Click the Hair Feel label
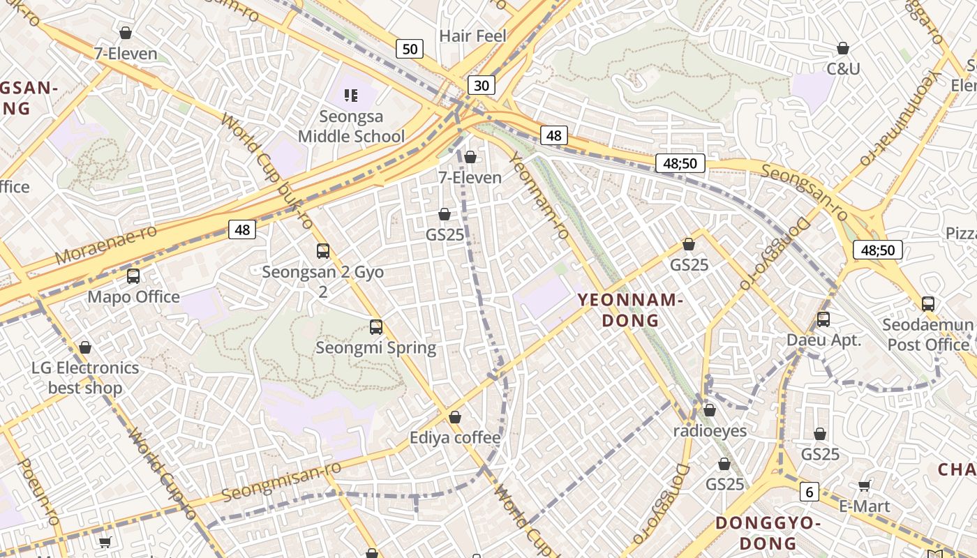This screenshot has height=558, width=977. click(472, 36)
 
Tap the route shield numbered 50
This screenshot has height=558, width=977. click(410, 49)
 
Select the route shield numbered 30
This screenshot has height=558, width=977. click(481, 85)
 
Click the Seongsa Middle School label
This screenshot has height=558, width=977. click(351, 126)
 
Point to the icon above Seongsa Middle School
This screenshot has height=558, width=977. click(351, 95)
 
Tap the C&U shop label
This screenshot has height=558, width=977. click(843, 68)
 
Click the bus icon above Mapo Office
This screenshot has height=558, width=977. click(133, 276)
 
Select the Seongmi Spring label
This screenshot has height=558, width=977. click(375, 347)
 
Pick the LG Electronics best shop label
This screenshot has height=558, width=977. click(85, 377)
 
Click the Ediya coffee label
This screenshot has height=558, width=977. click(455, 438)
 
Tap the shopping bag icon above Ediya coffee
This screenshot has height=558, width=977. click(455, 417)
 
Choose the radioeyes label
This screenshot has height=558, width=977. click(710, 431)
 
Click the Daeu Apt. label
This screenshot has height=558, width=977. click(823, 340)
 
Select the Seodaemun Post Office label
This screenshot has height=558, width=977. click(927, 335)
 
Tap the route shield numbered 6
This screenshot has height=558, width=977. click(809, 492)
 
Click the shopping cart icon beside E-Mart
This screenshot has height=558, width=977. click(865, 486)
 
